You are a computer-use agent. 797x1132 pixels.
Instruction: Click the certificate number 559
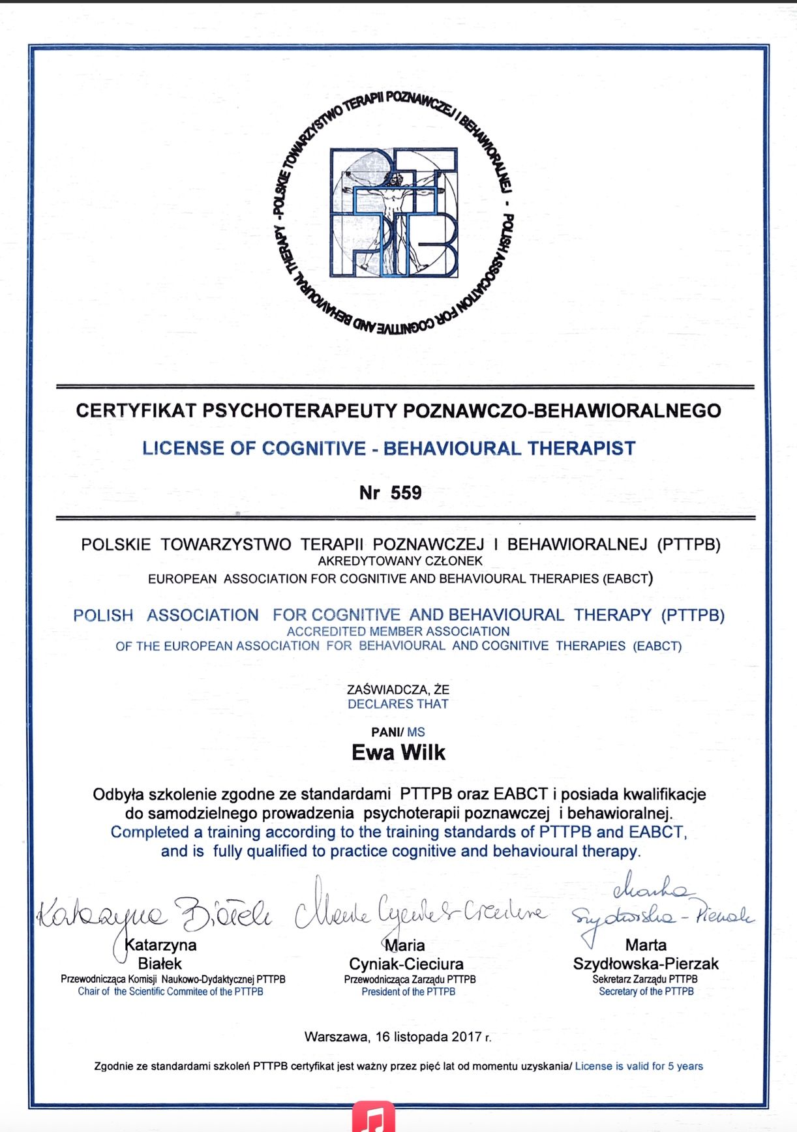pyautogui.click(x=406, y=493)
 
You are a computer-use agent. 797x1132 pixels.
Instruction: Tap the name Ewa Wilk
pyautogui.click(x=398, y=752)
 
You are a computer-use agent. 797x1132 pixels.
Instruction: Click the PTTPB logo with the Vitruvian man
pyautogui.click(x=394, y=213)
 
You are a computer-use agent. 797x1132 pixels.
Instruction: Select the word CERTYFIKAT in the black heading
pyautogui.click(x=136, y=411)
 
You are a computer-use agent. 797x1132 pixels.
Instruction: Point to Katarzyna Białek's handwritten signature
pyautogui.click(x=154, y=914)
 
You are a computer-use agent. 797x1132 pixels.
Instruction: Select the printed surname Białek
pyautogui.click(x=160, y=964)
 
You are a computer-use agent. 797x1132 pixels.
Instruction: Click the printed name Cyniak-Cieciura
pyautogui.click(x=406, y=964)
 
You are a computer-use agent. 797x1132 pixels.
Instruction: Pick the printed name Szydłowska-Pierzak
pyautogui.click(x=646, y=964)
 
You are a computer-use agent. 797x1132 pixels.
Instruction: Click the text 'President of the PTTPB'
pyautogui.click(x=408, y=992)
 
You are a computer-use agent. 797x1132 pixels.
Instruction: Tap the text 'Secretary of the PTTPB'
pyautogui.click(x=646, y=992)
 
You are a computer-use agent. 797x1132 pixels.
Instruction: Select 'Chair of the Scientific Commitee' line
pyautogui.click(x=171, y=992)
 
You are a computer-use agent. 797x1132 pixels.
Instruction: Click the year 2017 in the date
pyautogui.click(x=466, y=1037)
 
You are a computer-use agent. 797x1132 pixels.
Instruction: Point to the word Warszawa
pyautogui.click(x=337, y=1037)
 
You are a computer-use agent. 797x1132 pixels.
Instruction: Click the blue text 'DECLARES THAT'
pyautogui.click(x=398, y=704)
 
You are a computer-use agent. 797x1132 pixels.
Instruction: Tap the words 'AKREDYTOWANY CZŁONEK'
pyautogui.click(x=400, y=561)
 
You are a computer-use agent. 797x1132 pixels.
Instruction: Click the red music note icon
pyautogui.click(x=374, y=1118)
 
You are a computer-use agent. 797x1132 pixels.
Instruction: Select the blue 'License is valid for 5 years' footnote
pyautogui.click(x=639, y=1066)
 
